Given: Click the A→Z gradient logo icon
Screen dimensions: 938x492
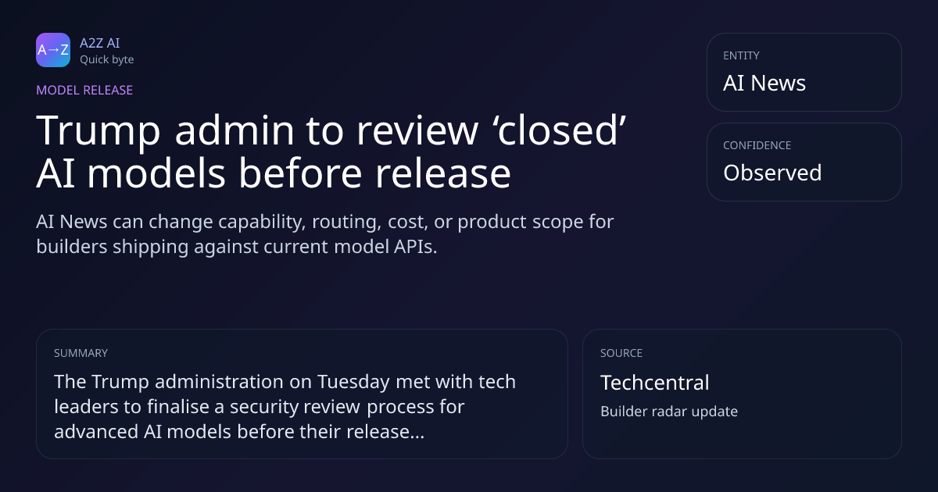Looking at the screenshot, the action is tap(53, 50).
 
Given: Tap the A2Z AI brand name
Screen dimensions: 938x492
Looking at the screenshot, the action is tap(100, 43).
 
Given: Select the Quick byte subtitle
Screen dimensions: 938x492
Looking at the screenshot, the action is tap(107, 60).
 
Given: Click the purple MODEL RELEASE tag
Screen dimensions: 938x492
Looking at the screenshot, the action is tap(84, 90).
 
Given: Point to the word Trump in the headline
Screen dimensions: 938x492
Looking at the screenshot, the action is tap(98, 131).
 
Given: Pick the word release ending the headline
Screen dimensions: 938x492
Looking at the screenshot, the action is tap(443, 173).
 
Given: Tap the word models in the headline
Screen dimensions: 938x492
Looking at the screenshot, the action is tap(156, 173).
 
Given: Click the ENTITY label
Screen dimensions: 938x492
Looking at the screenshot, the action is tap(741, 55).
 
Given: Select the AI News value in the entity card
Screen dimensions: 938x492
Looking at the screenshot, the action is tap(764, 83).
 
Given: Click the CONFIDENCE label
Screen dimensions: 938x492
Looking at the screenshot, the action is tap(757, 145).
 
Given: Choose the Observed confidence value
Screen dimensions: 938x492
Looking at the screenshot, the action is tap(772, 173).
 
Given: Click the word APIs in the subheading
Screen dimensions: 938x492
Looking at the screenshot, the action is tap(415, 247).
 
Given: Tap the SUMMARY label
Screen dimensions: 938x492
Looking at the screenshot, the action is tap(81, 353).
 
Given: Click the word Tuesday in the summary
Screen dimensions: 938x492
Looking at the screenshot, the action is tap(353, 383).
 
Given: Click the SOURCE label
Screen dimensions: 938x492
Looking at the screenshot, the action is tap(621, 353).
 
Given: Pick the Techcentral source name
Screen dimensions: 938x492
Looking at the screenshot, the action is tap(655, 383).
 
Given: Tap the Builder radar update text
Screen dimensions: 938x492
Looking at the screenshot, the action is tap(669, 412).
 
